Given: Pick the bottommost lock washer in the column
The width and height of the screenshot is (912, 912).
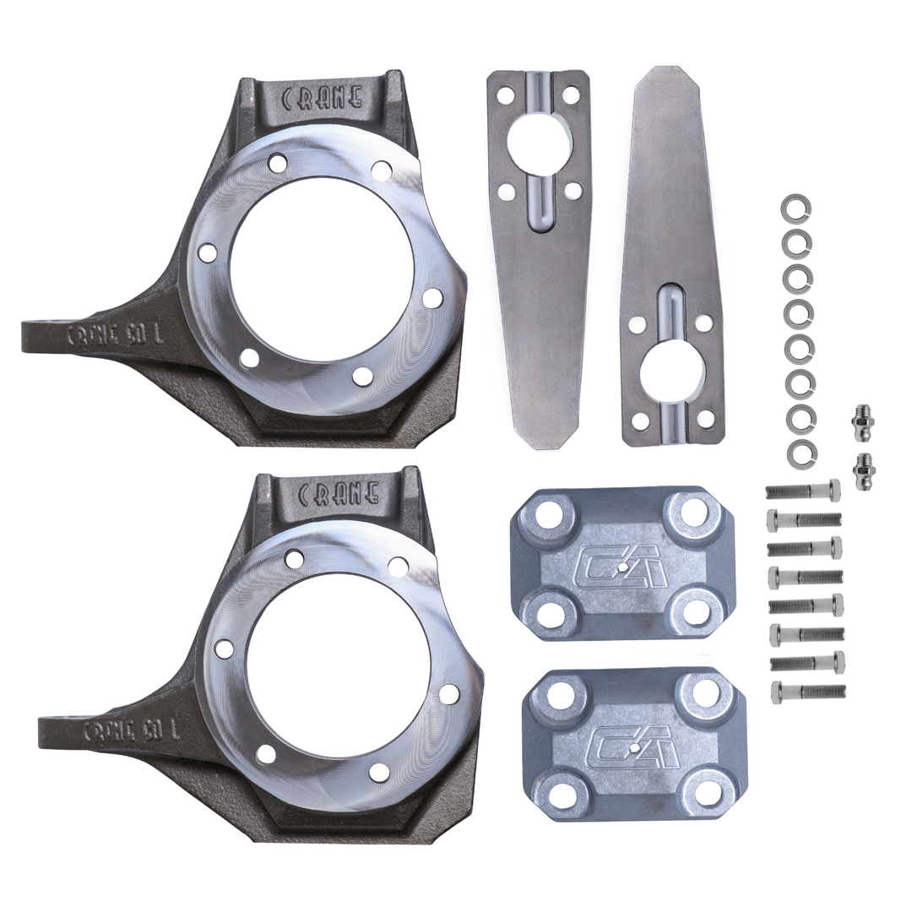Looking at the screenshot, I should pyautogui.click(x=801, y=453).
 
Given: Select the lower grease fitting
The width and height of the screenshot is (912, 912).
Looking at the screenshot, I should pyautogui.click(x=863, y=470).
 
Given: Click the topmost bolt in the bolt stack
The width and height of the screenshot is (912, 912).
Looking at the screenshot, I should pyautogui.click(x=803, y=491).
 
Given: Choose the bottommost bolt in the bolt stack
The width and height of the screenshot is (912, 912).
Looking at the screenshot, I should pyautogui.click(x=808, y=692).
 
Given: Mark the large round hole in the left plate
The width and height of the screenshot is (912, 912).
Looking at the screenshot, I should pyautogui.click(x=540, y=144).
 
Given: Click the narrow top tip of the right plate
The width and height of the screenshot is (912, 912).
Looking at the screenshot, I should pyautogui.click(x=666, y=79).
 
